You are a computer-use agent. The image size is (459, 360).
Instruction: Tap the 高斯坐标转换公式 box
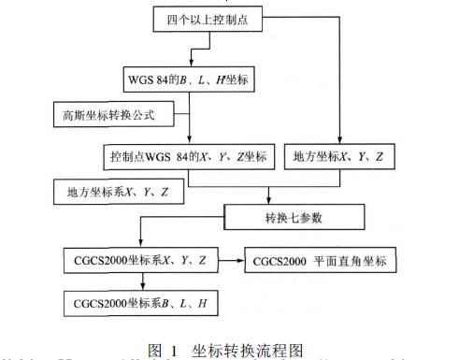click(106, 116)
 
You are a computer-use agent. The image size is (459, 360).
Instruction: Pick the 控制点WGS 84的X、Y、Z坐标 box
click(189, 154)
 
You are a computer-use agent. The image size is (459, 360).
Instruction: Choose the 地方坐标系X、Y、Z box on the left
click(118, 192)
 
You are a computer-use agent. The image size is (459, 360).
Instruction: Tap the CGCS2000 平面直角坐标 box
click(326, 257)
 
